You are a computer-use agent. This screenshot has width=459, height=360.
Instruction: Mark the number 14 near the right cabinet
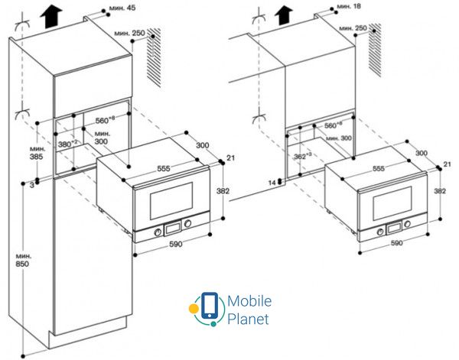pos(272,182)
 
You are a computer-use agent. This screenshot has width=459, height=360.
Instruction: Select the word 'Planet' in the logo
pos(248,318)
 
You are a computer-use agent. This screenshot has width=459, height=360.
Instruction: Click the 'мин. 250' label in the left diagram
pos(129,34)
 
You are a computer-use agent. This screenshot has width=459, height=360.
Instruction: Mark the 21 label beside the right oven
pos(448,164)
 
